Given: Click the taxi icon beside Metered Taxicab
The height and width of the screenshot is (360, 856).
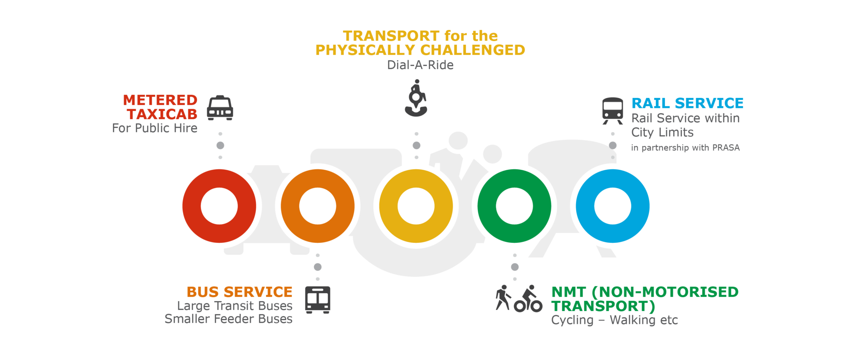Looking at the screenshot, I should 220,108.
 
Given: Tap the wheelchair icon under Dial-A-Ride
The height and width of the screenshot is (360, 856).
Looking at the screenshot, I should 416,99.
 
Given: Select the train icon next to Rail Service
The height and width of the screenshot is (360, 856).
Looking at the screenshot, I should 613,110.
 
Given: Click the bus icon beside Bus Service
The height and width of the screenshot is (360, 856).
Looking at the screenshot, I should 318,299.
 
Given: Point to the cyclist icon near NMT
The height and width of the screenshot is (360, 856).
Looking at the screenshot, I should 529,299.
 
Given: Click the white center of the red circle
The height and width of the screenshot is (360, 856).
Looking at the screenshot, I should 219,206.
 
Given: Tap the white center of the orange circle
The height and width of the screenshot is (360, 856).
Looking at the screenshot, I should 318,206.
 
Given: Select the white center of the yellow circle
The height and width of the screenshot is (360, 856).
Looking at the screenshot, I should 416,206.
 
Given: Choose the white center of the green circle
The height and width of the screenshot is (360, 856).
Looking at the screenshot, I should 515,206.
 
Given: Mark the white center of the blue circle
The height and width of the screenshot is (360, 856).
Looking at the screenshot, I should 613,206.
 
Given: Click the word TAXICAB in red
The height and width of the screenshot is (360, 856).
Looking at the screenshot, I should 162,114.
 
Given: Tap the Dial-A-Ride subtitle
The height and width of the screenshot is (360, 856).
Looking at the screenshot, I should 420,65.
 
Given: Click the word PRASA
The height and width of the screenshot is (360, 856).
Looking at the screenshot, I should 726,148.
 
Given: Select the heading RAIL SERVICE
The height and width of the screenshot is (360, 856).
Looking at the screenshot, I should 687,103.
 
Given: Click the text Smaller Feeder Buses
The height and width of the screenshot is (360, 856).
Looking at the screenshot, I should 228,319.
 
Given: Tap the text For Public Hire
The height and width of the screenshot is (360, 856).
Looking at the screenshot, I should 155,128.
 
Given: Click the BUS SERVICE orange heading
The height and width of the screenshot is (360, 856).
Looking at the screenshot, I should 239,292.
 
